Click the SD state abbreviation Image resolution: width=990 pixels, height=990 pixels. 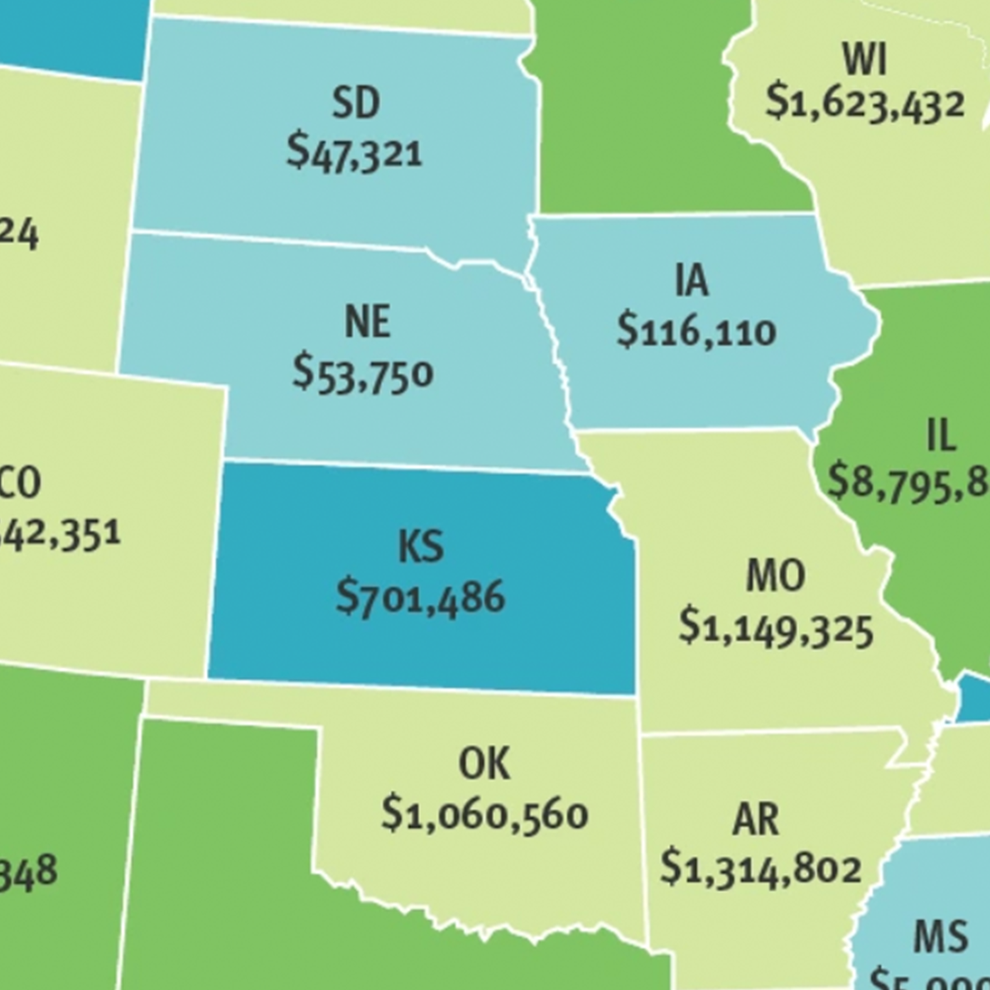(355, 103)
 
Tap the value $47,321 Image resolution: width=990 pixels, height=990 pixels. (354, 152)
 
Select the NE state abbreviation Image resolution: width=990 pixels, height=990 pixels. (367, 322)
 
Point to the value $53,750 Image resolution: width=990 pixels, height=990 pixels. (362, 373)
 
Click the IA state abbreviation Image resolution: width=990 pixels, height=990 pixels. (691, 280)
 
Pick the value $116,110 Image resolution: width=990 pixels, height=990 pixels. (696, 331)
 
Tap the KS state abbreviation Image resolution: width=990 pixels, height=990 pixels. (421, 547)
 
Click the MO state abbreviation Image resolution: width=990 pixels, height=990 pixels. (775, 575)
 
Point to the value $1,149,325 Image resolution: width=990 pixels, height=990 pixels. (775, 628)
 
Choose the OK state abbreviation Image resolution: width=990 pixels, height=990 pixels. (484, 764)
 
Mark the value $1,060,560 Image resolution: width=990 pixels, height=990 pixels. (484, 815)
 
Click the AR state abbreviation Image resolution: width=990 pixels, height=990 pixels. (756, 819)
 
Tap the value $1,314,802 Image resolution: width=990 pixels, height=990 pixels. (760, 869)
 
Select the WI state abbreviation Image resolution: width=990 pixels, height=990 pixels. (864, 59)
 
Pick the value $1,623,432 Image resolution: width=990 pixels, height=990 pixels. (865, 104)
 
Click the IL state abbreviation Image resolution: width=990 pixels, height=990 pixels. (941, 434)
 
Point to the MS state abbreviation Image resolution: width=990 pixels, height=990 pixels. (940, 936)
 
